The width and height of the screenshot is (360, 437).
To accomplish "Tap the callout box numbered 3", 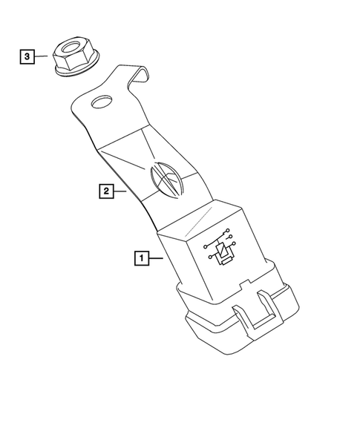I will click(x=27, y=56).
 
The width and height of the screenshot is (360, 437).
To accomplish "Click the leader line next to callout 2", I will click(x=123, y=191).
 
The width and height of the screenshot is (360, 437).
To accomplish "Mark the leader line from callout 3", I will click(x=42, y=56).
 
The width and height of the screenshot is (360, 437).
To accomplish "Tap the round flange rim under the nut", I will click(x=75, y=73).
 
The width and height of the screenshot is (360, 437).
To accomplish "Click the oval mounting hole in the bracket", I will click(x=100, y=102).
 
